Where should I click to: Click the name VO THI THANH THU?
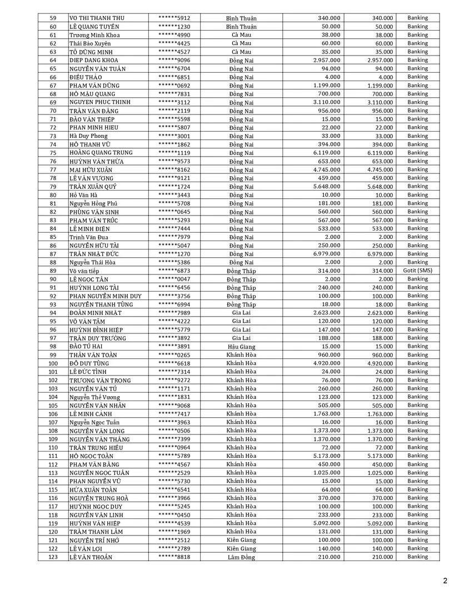point(97,18)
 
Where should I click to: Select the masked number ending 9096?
point(174,60)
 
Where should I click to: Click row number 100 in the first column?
point(53,363)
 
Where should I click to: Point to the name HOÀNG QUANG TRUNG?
point(101,153)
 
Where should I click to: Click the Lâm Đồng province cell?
point(241,557)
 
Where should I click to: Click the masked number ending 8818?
point(174,557)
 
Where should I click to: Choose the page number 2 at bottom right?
point(445,581)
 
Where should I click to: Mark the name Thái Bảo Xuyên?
point(90,43)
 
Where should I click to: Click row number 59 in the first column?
point(53,18)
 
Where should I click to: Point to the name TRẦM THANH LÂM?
point(96,532)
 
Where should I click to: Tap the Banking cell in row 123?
point(417,557)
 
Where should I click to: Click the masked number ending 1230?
point(174,27)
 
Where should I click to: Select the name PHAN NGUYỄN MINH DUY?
point(105,296)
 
